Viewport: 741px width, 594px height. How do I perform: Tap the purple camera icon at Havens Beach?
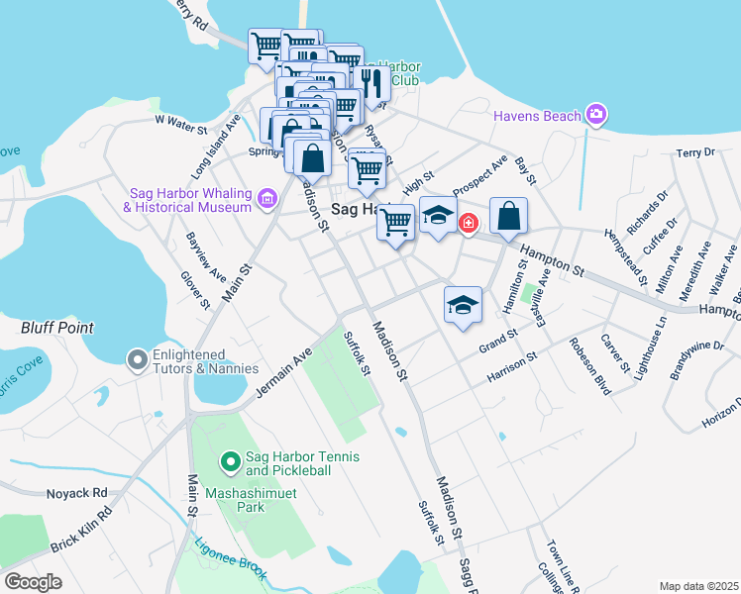[595, 116]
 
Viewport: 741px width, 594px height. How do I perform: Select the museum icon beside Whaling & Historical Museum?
[266, 200]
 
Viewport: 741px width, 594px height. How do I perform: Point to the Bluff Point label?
[57, 328]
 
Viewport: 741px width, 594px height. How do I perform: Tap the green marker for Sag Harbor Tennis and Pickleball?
[230, 461]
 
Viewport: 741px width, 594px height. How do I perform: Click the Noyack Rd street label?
[76, 493]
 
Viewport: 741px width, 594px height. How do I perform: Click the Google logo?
[34, 581]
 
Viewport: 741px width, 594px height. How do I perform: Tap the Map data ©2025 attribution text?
[698, 586]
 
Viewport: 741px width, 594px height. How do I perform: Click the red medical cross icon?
[467, 225]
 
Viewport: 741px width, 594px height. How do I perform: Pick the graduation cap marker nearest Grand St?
[462, 305]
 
